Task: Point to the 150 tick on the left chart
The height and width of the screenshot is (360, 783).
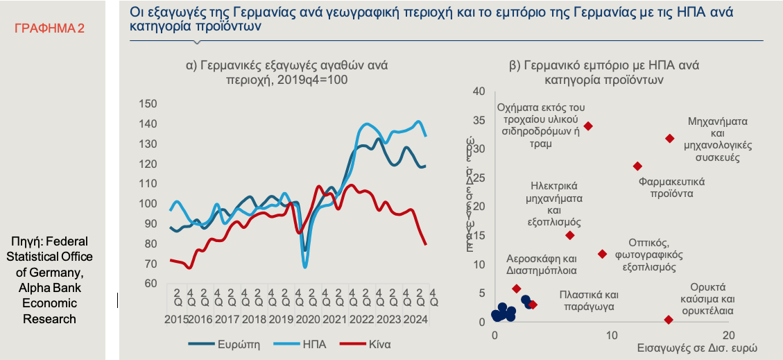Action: (148, 104)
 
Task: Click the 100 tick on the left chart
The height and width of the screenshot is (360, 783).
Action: (148, 204)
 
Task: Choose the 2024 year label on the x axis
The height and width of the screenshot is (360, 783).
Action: (415, 320)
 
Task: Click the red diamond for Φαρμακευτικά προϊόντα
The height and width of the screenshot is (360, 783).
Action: (637, 166)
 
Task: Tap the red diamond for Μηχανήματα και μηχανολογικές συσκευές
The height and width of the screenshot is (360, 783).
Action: (669, 139)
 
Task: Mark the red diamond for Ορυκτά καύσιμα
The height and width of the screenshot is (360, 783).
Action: (669, 320)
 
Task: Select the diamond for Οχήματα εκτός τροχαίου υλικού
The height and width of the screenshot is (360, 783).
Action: (588, 126)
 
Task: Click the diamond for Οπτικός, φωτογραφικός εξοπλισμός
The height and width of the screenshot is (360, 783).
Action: (602, 254)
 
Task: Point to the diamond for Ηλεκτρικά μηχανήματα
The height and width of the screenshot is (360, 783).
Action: (569, 235)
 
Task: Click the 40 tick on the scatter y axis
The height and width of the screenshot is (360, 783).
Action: (479, 92)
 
